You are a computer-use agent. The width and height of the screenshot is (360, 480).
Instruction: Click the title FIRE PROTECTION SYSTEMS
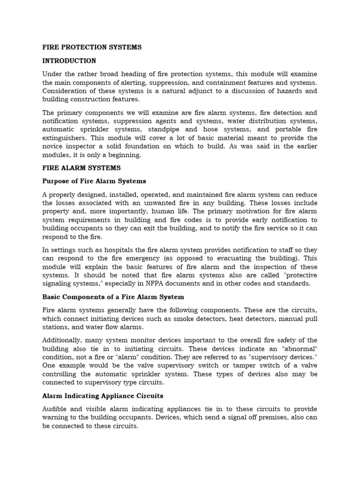(92, 47)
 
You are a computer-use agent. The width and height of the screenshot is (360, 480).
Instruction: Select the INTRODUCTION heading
(69, 61)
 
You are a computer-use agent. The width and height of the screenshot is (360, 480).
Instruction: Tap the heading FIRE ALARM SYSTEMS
(82, 167)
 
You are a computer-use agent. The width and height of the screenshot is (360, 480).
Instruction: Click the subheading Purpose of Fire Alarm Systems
(94, 181)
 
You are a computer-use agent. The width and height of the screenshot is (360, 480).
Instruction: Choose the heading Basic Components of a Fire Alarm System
(113, 297)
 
